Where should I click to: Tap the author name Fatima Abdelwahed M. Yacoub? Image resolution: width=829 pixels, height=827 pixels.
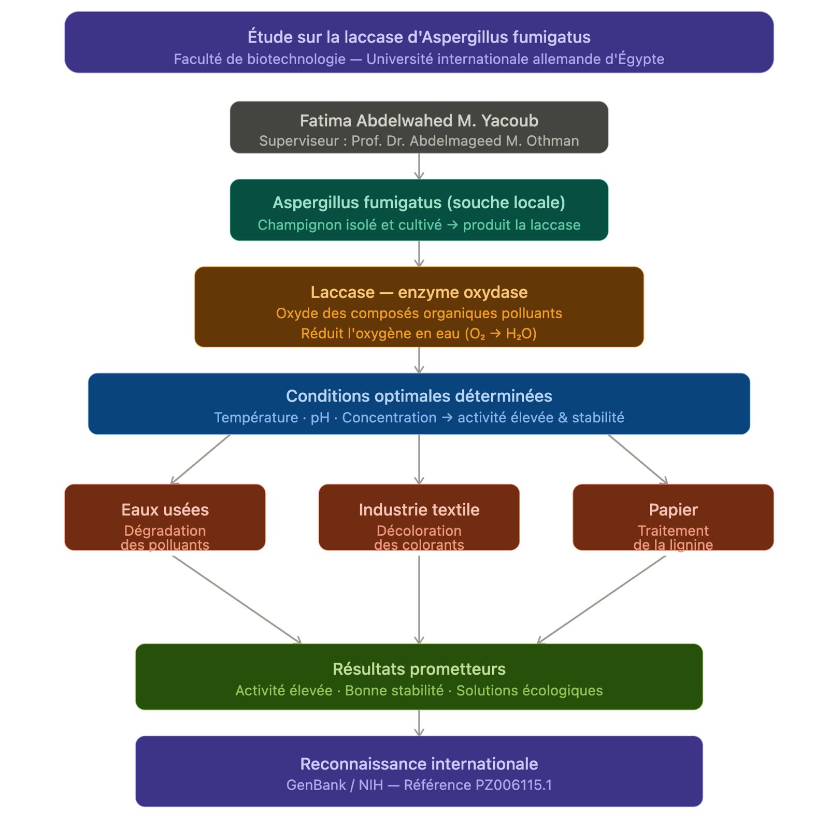(419, 121)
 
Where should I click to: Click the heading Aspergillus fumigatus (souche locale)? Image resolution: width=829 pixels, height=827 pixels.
(419, 203)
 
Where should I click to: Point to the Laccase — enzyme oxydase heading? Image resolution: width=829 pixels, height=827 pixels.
(419, 292)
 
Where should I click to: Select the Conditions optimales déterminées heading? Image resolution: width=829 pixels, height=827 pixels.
(419, 396)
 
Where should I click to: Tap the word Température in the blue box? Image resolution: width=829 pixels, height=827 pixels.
(256, 418)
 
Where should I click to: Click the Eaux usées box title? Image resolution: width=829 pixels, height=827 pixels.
(165, 510)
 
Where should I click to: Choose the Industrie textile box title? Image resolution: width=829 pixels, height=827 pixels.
(419, 510)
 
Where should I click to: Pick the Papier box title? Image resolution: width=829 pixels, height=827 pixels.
(673, 510)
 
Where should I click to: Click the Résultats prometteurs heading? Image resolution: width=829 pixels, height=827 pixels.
(419, 669)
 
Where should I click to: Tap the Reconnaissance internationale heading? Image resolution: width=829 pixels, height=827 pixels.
(419, 764)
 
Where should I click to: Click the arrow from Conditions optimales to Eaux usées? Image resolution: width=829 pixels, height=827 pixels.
(201, 459)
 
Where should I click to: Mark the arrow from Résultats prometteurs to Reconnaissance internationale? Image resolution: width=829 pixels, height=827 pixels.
(419, 723)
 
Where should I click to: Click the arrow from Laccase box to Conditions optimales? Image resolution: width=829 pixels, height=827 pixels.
(419, 360)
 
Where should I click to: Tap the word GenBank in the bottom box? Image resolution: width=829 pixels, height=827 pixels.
(316, 785)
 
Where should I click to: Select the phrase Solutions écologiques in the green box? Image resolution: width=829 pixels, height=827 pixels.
(529, 691)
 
